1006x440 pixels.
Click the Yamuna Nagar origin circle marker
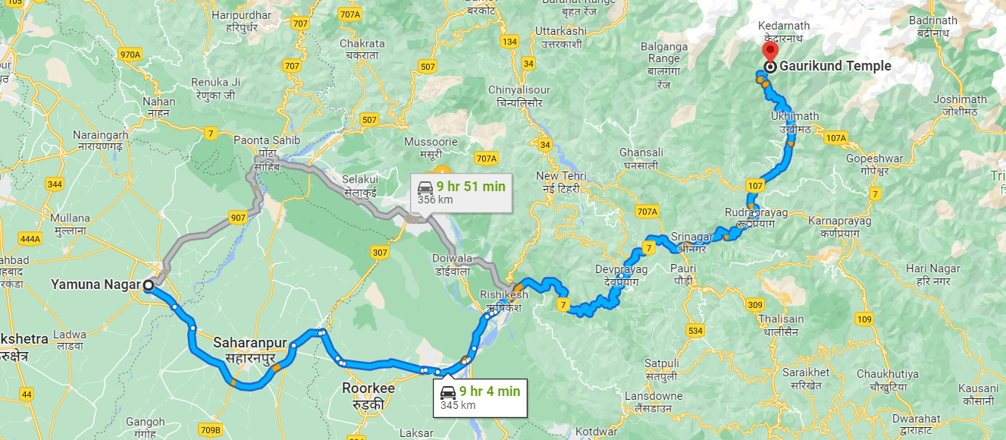pyautogui.click(x=149, y=285)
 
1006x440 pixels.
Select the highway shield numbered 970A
pyautogui.click(x=130, y=55)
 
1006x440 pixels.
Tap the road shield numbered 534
pyautogui.click(x=695, y=331)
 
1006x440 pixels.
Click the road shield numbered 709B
pyautogui.click(x=211, y=430)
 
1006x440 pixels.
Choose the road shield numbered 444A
pyautogui.click(x=30, y=239)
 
